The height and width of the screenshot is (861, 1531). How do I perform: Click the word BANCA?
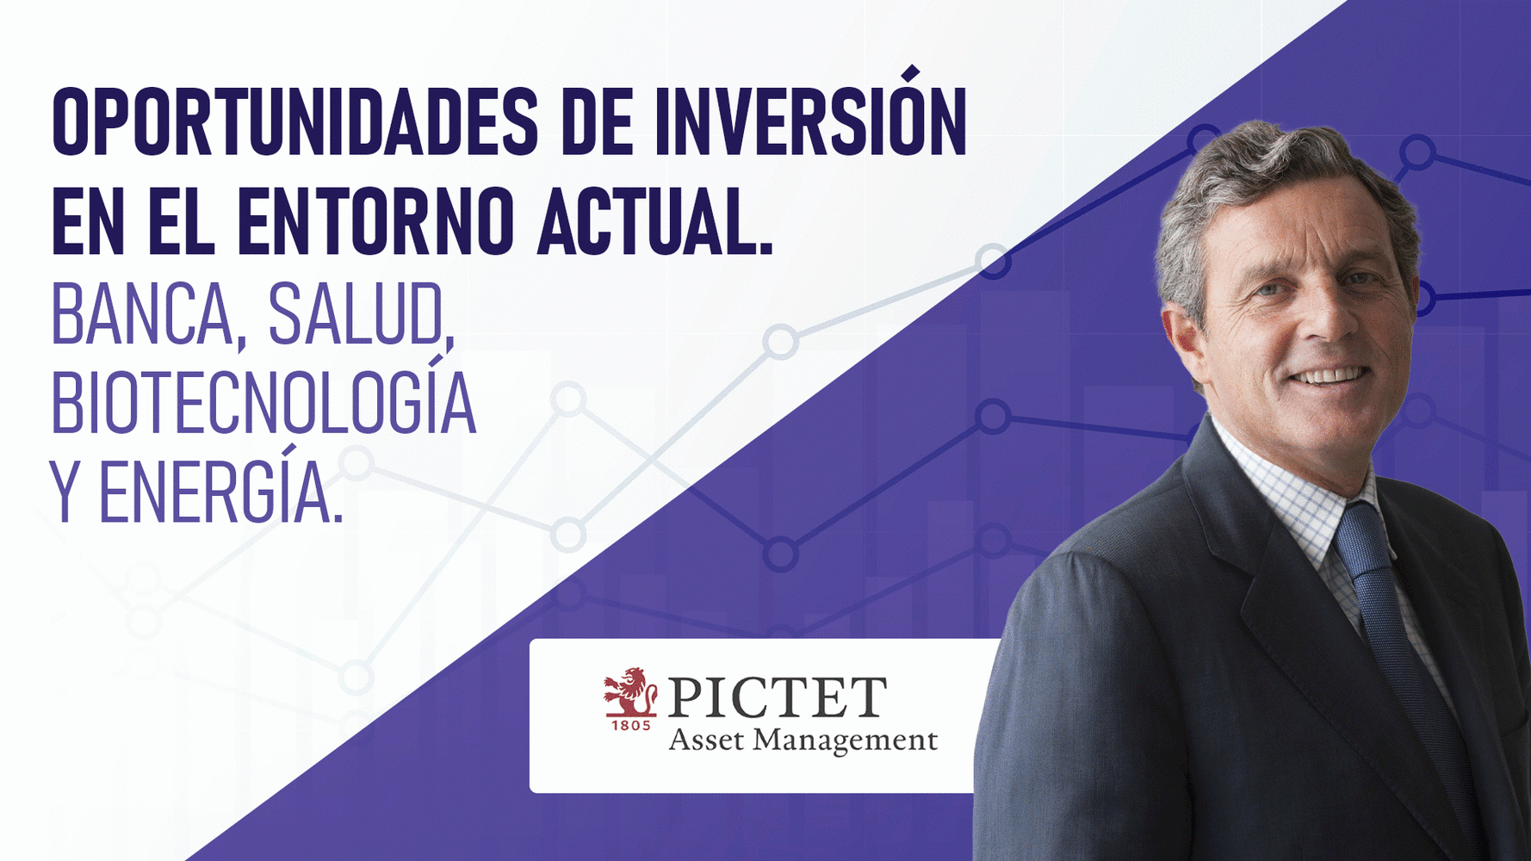[141, 315]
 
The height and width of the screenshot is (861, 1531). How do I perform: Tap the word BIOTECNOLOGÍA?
[263, 403]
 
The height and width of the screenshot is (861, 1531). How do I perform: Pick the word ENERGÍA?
[220, 492]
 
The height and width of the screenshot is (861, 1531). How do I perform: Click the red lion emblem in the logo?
[631, 691]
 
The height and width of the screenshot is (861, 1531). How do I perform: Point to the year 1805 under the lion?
[631, 726]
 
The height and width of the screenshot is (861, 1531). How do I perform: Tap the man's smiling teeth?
[1330, 376]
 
